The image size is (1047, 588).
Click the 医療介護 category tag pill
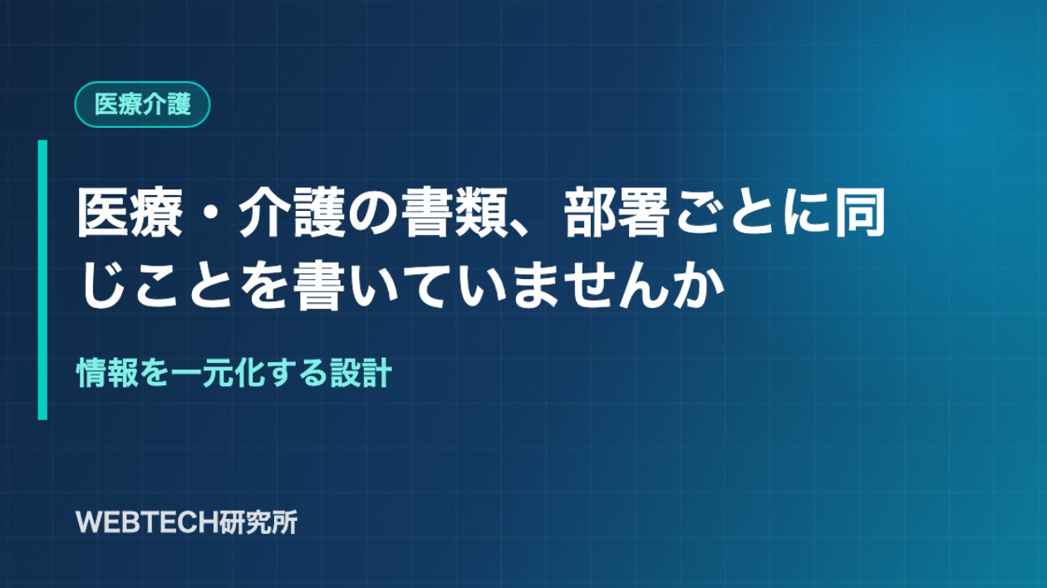(142, 105)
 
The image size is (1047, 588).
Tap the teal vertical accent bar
(42, 280)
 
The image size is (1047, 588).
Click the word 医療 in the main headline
(130, 213)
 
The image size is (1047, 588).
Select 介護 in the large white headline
(292, 213)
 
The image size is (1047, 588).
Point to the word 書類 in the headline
(455, 213)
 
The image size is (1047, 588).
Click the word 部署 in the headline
(616, 213)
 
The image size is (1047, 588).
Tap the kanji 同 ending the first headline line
(859, 213)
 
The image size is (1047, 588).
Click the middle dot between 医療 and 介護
(210, 213)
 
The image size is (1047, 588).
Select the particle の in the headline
(373, 213)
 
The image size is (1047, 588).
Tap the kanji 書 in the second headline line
(318, 285)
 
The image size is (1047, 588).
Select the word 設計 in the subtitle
(361, 373)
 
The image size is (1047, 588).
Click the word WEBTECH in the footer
(140, 522)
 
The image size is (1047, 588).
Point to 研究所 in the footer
(252, 522)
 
